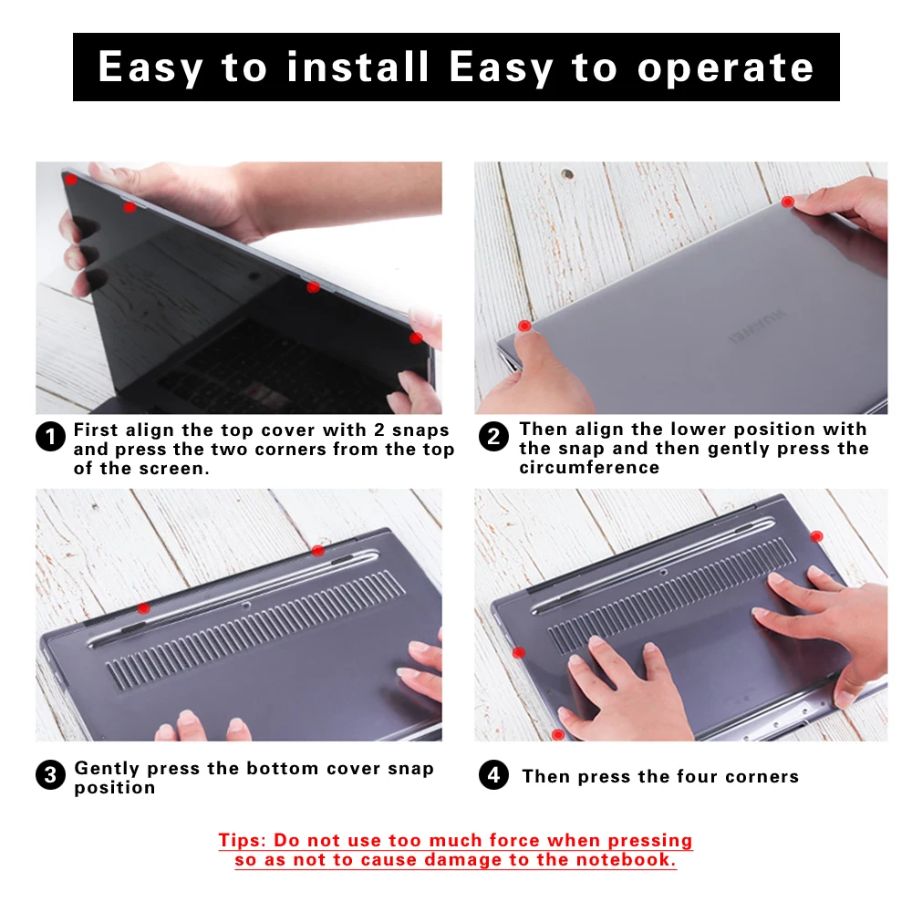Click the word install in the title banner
pos(358,67)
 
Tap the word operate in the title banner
pos(725,67)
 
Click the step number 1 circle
pos(51,437)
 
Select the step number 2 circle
pos(493,437)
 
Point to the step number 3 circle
pos(51,776)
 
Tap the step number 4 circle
pos(493,776)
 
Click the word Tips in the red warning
pos(244,840)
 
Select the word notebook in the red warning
pos(628,860)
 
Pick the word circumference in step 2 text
pos(589,468)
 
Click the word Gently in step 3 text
pos(108,768)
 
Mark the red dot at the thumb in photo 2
pos(523,326)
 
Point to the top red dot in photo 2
pos(788,201)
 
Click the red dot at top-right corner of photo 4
pos(816,535)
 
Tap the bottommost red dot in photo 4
pos(557,734)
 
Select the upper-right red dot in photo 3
pos(317,550)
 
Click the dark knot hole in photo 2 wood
pos(567,173)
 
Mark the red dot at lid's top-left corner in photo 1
pos(70,180)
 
